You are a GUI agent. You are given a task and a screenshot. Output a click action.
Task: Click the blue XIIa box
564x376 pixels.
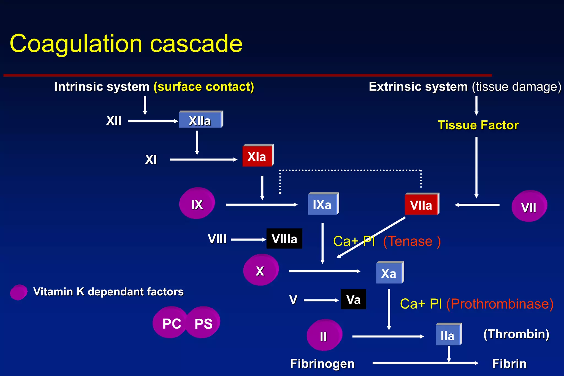[x=200, y=120]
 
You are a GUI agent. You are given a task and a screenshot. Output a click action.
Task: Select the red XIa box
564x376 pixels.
[x=257, y=156]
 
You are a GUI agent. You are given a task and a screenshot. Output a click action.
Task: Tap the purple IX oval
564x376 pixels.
[x=197, y=204]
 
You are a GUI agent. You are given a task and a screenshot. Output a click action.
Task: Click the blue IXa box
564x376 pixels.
[x=323, y=204]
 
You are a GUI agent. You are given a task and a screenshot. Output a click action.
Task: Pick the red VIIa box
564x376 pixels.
[x=421, y=204]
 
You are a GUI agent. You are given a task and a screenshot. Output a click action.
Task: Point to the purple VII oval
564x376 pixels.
[x=529, y=206]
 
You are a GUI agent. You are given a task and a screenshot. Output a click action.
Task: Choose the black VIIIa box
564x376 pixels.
[x=284, y=239]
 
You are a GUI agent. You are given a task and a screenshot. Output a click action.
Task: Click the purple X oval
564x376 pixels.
[x=261, y=270]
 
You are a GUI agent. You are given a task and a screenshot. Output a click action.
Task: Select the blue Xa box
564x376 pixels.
[x=389, y=273]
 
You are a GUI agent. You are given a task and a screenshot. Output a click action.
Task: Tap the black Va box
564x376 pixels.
[x=353, y=299]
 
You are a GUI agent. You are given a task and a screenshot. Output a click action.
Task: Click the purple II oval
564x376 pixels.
[x=324, y=335]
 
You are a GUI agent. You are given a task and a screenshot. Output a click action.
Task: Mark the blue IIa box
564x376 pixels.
[x=448, y=335]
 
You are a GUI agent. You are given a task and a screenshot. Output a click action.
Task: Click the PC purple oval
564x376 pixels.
[x=171, y=323]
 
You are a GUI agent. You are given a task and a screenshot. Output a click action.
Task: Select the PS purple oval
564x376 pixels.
[x=204, y=323]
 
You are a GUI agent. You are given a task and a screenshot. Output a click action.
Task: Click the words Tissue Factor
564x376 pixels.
[x=478, y=125]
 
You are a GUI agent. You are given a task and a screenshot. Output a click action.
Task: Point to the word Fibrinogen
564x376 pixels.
[x=322, y=364]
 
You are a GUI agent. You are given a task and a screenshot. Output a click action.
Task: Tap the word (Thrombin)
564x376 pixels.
[x=516, y=334]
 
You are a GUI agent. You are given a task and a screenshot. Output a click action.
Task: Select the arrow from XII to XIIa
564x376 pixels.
[x=153, y=121]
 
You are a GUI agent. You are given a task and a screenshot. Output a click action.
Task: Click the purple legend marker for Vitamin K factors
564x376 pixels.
[x=19, y=292]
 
